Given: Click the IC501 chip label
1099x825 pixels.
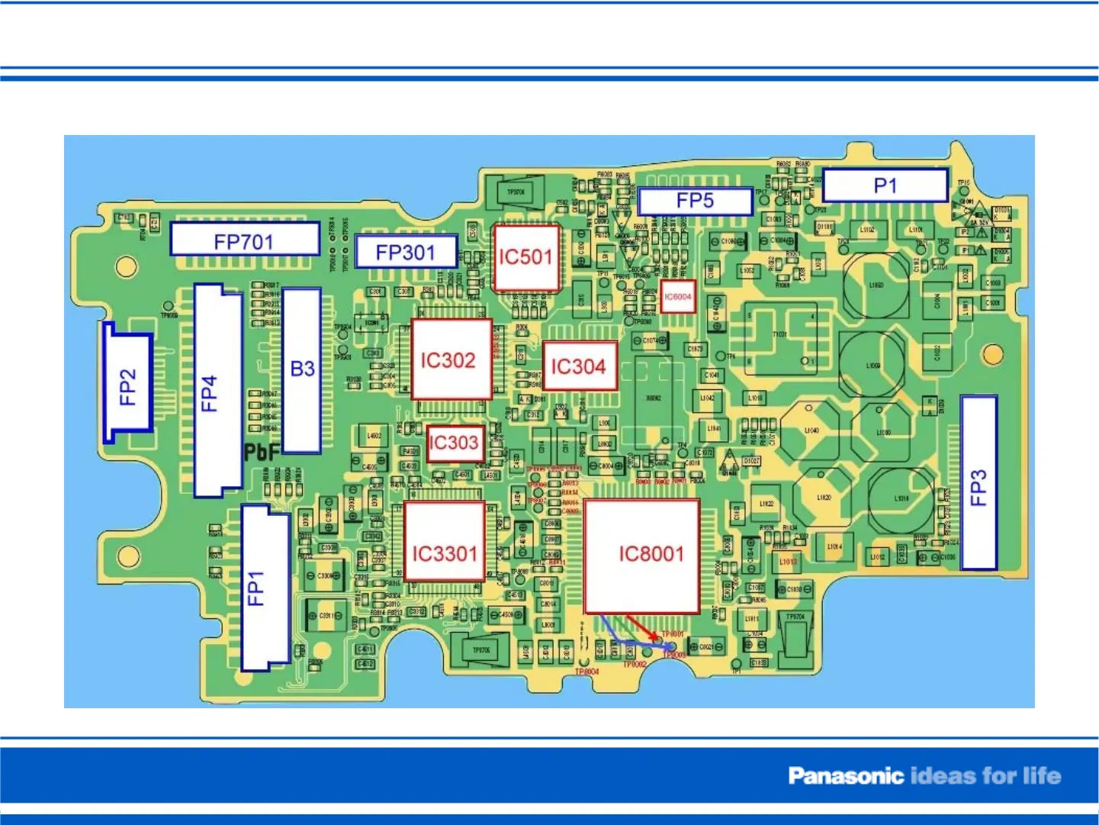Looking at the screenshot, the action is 525,257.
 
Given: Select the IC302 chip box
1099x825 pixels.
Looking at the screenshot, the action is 450,359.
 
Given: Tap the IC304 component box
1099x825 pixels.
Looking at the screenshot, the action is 579,366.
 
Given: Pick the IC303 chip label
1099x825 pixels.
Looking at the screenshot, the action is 454,443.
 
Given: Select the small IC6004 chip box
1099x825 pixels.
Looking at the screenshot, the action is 677,297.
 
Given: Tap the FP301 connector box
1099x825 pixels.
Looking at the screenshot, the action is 405,252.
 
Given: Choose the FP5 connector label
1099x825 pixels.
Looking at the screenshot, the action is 695,201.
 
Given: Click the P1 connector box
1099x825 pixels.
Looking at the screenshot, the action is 885,185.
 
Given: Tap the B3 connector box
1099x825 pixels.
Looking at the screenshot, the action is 302,369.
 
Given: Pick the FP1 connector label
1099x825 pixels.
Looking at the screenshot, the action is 256,588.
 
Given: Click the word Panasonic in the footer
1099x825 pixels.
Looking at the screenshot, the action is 845,776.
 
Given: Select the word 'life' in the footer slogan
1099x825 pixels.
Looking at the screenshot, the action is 1041,776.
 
